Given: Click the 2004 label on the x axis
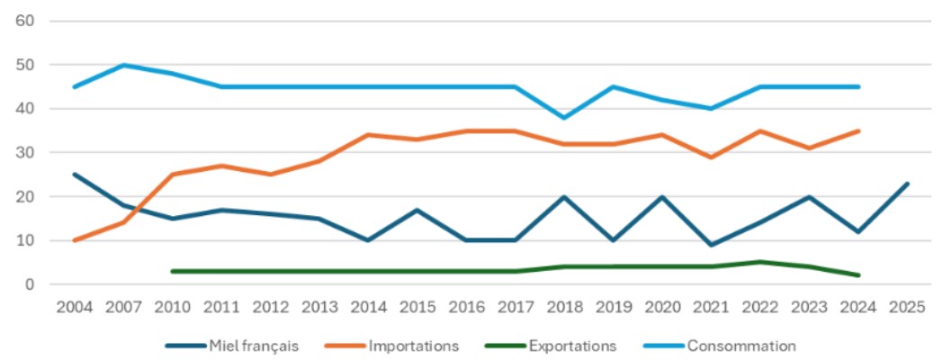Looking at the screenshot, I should pos(75,308).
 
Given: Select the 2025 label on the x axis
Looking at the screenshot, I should pos(907,308).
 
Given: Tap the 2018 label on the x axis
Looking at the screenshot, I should pos(564,308).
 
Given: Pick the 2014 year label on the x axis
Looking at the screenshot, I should pos(368,308).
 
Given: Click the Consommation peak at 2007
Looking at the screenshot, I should pos(123,65).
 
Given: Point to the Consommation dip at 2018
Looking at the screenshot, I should pos(564,118).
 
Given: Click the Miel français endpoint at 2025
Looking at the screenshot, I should pos(907,184).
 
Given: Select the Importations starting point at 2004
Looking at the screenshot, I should pos(75,240).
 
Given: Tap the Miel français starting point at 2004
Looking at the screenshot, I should pos(75,175).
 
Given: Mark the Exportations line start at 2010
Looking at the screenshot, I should pos(173,271).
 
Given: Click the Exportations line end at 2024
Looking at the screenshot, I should pos(858,275).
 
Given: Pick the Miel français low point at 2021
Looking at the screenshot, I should pos(711,245).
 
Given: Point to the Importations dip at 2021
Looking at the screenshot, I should pos(711,157).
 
